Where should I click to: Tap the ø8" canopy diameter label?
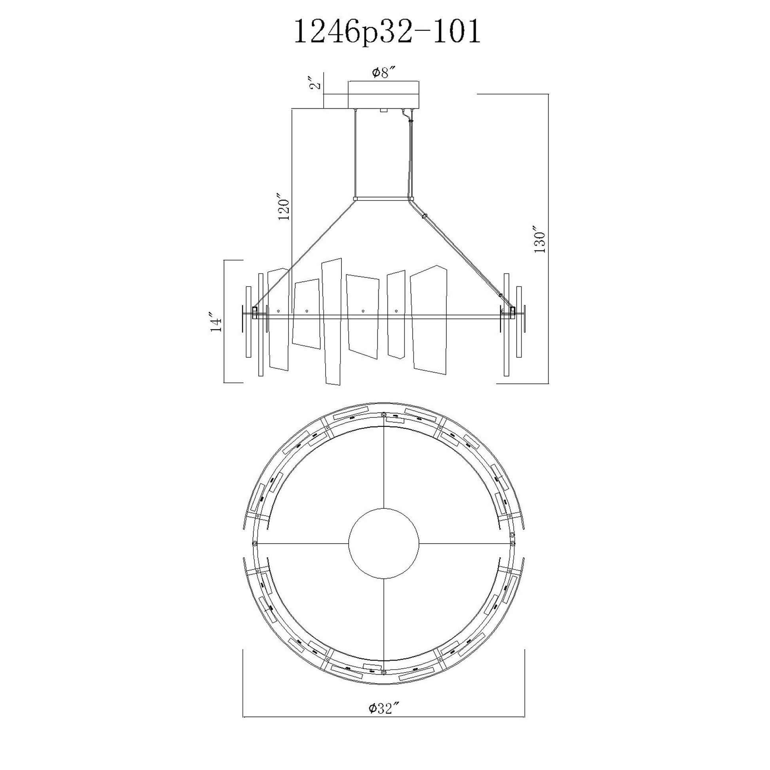384,73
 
